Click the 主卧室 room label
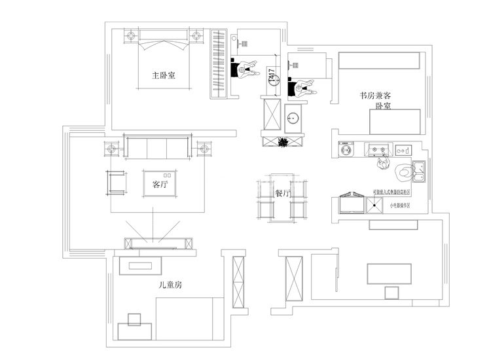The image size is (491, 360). pos(163,75)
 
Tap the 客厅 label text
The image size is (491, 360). pos(160,185)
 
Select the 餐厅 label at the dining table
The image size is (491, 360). pos(283,194)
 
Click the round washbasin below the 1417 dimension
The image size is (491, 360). pos(293,118)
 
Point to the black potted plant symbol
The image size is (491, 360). pos(283,143)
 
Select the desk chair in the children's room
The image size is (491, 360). pos(136,319)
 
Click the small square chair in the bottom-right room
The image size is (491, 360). pos(391,293)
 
